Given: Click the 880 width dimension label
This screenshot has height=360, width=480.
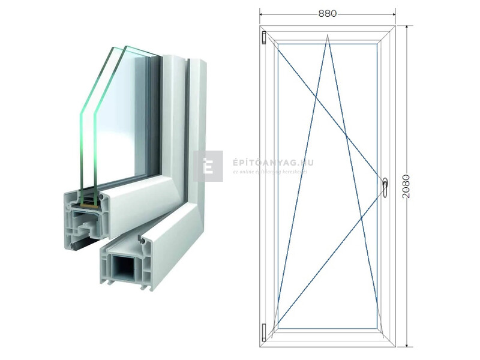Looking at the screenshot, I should [328, 13].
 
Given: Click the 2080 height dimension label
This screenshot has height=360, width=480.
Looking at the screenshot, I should [407, 187].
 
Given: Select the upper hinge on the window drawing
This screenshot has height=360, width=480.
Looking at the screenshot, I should [264, 38].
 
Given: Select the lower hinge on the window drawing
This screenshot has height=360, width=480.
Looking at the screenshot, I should [264, 330].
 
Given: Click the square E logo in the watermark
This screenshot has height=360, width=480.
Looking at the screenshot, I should [208, 166].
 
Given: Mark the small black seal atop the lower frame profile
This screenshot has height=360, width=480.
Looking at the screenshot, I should [142, 239].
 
